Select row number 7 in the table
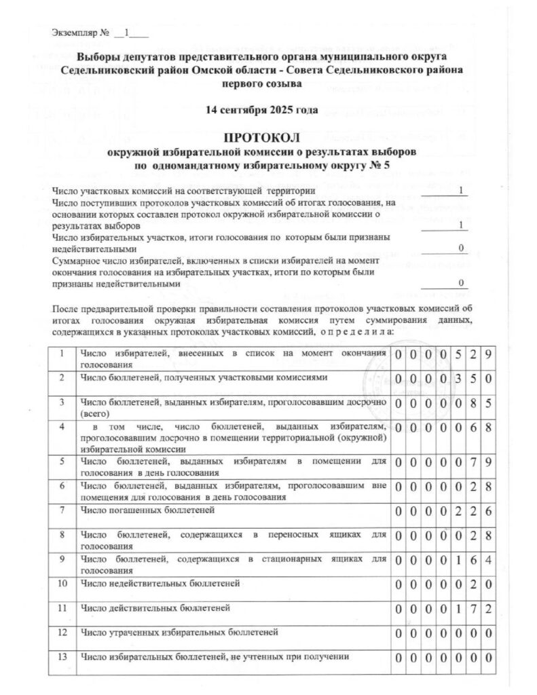[62, 509]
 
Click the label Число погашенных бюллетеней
[147, 509]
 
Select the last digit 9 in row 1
[487, 355]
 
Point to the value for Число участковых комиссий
[461, 191]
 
